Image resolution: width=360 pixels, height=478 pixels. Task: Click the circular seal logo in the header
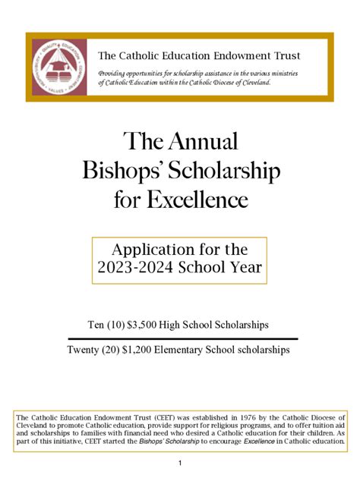(58, 67)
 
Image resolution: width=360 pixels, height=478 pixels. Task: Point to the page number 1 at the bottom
(180, 464)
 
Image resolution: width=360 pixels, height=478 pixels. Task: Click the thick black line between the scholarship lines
(182, 338)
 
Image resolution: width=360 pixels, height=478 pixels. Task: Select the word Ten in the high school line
(96, 325)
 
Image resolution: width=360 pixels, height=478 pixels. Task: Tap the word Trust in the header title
(286, 55)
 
